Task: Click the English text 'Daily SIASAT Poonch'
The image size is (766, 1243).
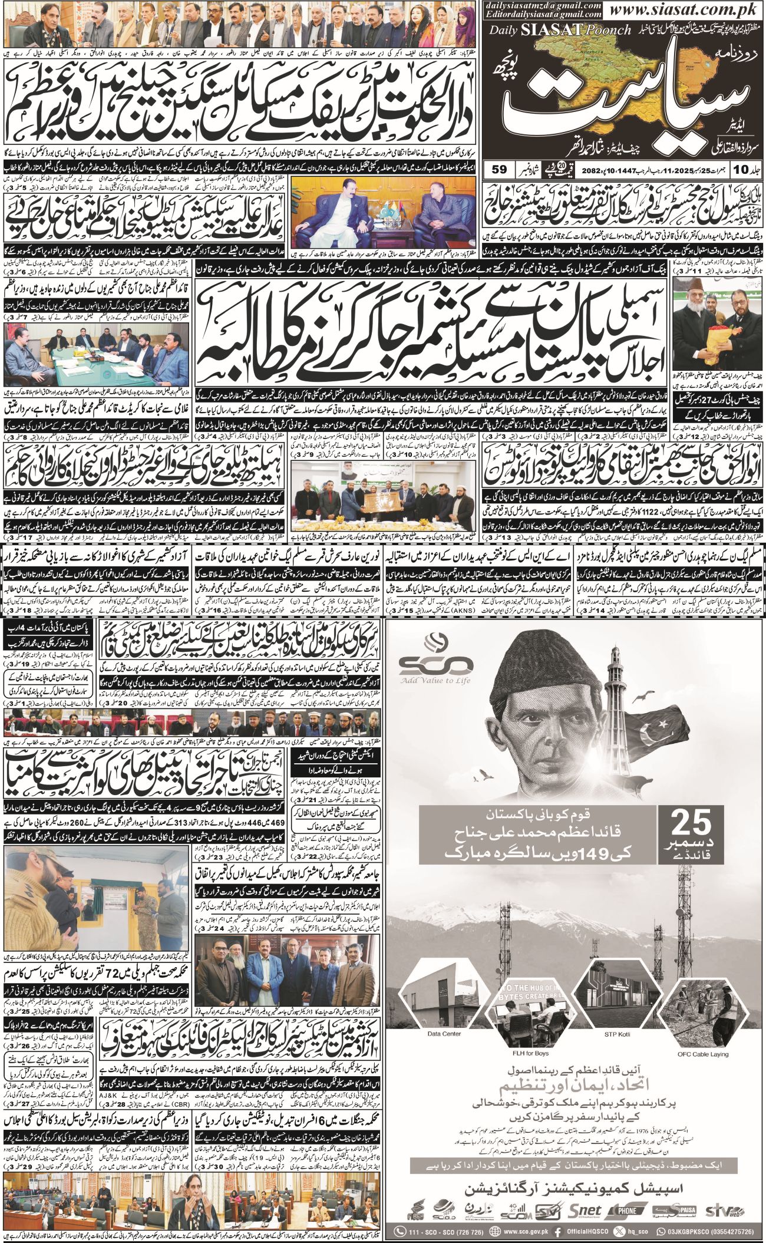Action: coord(559,29)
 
